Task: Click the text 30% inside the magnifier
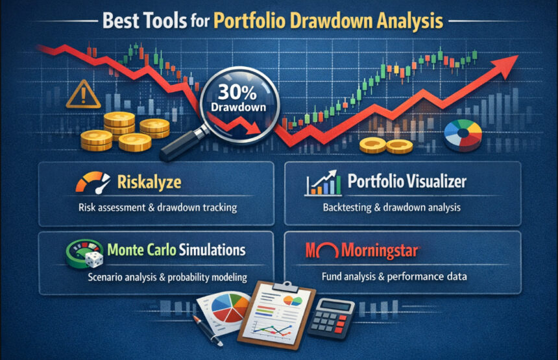click(x=236, y=90)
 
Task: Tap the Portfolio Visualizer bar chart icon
click(x=322, y=184)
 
